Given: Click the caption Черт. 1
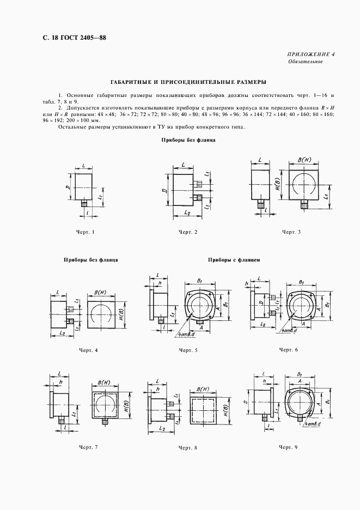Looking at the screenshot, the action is pos(86,233).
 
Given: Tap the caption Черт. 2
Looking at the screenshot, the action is pos(187,233).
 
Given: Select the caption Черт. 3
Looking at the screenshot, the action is pos(291,233).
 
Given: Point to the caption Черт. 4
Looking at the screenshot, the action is pos(88,350).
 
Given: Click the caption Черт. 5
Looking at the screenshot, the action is pos(188,350).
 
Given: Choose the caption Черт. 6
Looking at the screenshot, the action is pos(289,349).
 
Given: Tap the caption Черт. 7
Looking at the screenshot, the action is pos(88,447).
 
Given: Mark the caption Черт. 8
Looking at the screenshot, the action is pos(188,447).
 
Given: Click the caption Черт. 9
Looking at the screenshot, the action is pos(289,447).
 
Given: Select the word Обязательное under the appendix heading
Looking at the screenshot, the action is pos(306,62).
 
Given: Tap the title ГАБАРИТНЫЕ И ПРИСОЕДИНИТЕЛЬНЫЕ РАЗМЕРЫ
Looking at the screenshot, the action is pos(180,82).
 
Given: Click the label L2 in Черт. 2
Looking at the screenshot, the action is pos(186,213).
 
